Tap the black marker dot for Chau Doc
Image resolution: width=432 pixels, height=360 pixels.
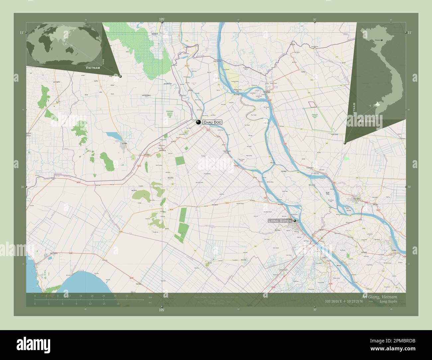[x=198, y=122]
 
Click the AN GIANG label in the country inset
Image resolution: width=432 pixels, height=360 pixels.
[x=367, y=121]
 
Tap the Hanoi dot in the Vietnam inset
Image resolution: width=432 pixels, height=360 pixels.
[x=382, y=40]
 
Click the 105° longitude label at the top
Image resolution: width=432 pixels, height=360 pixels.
[x=162, y=20]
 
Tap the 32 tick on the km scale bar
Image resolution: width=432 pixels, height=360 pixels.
[x=127, y=295]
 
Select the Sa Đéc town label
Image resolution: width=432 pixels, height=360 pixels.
[x=394, y=250]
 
